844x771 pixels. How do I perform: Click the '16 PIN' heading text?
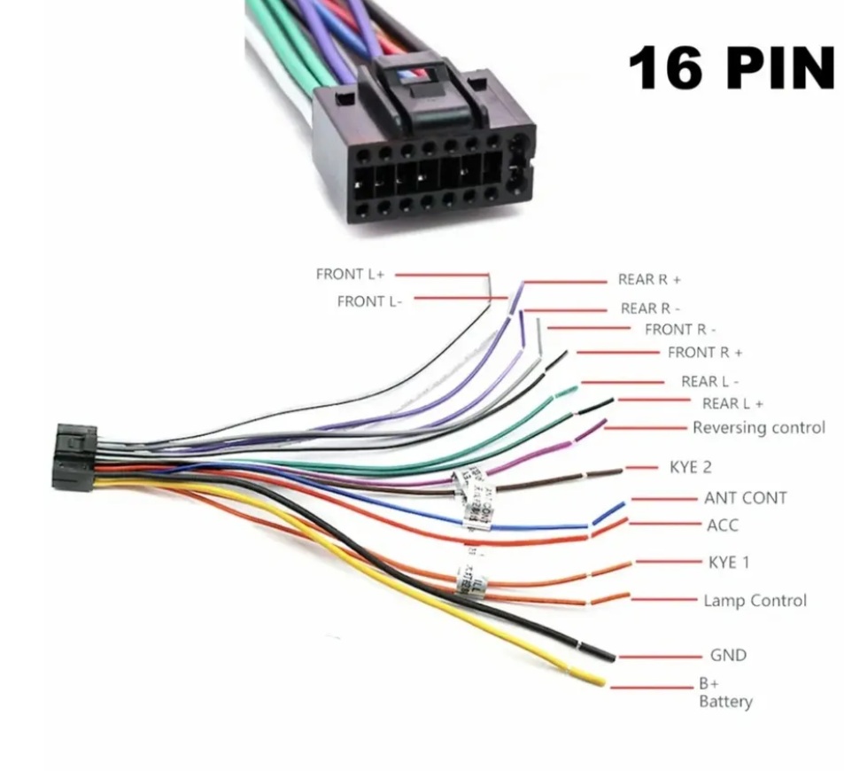[732, 68]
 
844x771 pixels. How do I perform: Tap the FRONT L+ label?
[351, 274]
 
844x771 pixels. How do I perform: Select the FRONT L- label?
[369, 301]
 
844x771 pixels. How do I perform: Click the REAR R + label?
[649, 279]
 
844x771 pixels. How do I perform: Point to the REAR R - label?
[650, 308]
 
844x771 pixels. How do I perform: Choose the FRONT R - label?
[680, 330]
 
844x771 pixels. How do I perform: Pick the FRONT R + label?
[705, 353]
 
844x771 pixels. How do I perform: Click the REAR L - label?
[709, 382]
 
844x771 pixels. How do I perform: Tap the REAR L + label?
[732, 404]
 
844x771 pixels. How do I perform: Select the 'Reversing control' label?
[758, 427]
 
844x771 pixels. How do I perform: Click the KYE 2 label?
[690, 467]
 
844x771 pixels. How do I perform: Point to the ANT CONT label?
[745, 498]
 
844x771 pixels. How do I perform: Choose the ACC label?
[722, 525]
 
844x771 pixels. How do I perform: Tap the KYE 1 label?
[729, 562]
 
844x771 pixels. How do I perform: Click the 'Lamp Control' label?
[755, 600]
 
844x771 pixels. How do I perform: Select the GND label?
[728, 655]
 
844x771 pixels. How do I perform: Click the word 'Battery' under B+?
[725, 702]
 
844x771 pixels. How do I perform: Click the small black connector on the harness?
[74, 456]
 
